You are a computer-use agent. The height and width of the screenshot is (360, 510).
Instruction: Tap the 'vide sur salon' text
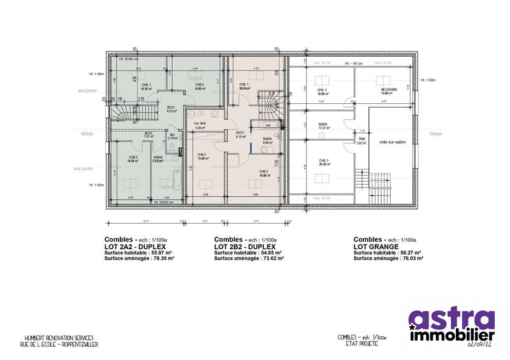pyautogui.click(x=392, y=141)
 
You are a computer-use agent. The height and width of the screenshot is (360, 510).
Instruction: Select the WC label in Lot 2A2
pyautogui.click(x=171, y=136)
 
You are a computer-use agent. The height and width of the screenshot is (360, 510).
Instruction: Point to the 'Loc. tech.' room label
pyautogui.click(x=200, y=125)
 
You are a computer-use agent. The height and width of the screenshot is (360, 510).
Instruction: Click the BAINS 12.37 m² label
pyautogui.click(x=323, y=126)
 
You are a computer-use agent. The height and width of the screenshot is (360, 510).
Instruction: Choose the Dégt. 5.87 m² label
pyautogui.click(x=361, y=141)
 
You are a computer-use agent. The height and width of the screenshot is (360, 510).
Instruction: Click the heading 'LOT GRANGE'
pyautogui.click(x=375, y=246)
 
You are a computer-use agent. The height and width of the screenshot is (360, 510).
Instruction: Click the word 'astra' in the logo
pyautogui.click(x=451, y=320)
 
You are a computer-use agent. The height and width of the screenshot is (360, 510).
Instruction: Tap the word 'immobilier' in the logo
pyautogui.click(x=451, y=334)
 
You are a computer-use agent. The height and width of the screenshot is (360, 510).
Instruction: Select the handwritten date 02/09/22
pyautogui.click(x=480, y=344)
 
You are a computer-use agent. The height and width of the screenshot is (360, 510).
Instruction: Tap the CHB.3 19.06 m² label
pyautogui.click(x=263, y=174)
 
